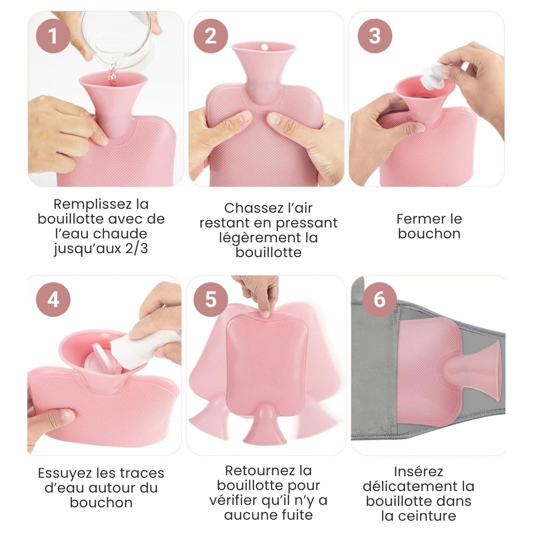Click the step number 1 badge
[x=53, y=36]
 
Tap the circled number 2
[x=211, y=36]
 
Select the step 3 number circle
[x=375, y=36]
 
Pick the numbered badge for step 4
[x=53, y=300]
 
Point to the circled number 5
[x=211, y=300]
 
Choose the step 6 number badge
[x=380, y=300]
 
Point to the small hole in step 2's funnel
[x=264, y=47]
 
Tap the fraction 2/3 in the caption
[x=137, y=248]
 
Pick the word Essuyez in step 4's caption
[x=65, y=473]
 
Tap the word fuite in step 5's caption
[x=298, y=515]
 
